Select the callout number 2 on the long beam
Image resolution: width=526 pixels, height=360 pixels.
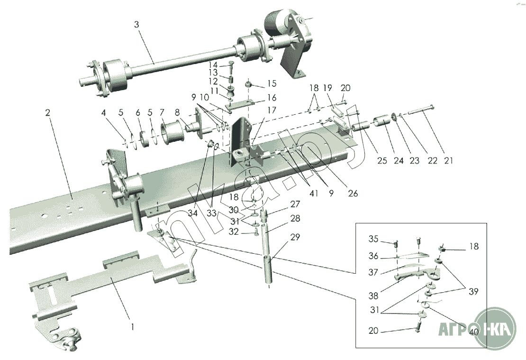(x=48, y=113)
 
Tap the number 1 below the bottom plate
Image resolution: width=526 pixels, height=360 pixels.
(x=133, y=327)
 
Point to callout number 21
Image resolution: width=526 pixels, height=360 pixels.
(x=448, y=161)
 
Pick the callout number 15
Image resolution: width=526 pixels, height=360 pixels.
(x=272, y=83)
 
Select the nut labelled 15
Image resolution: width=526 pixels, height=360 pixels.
(x=248, y=85)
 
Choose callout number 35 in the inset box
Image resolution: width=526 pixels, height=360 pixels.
(x=373, y=239)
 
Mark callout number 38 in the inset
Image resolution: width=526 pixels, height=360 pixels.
(x=373, y=295)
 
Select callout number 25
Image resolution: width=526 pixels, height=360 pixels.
(x=382, y=161)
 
